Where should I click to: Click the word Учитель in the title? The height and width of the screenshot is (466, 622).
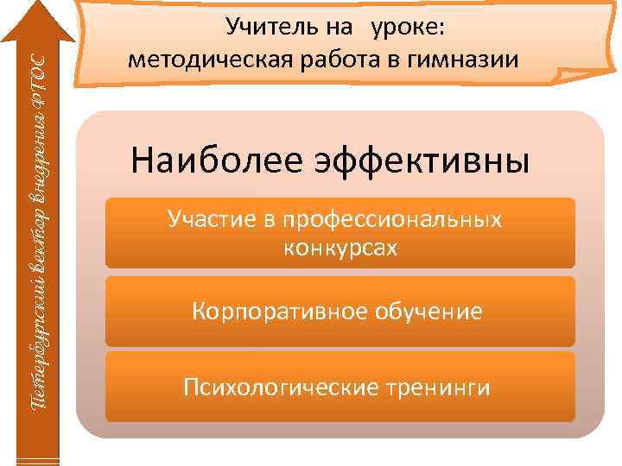click(262, 28)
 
